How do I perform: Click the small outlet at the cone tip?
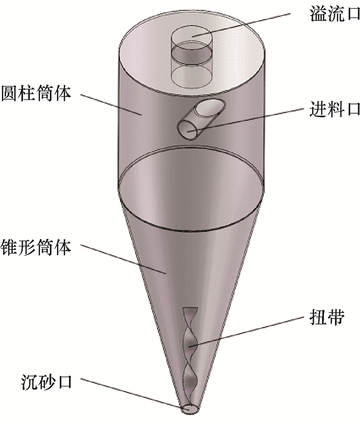(x=190, y=409)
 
